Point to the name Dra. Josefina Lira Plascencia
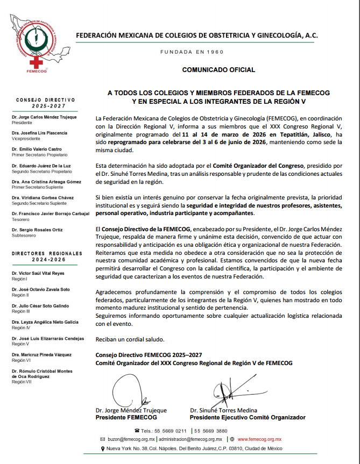coord(39,132)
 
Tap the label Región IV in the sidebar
coord(21,327)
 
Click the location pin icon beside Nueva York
coord(103,448)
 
